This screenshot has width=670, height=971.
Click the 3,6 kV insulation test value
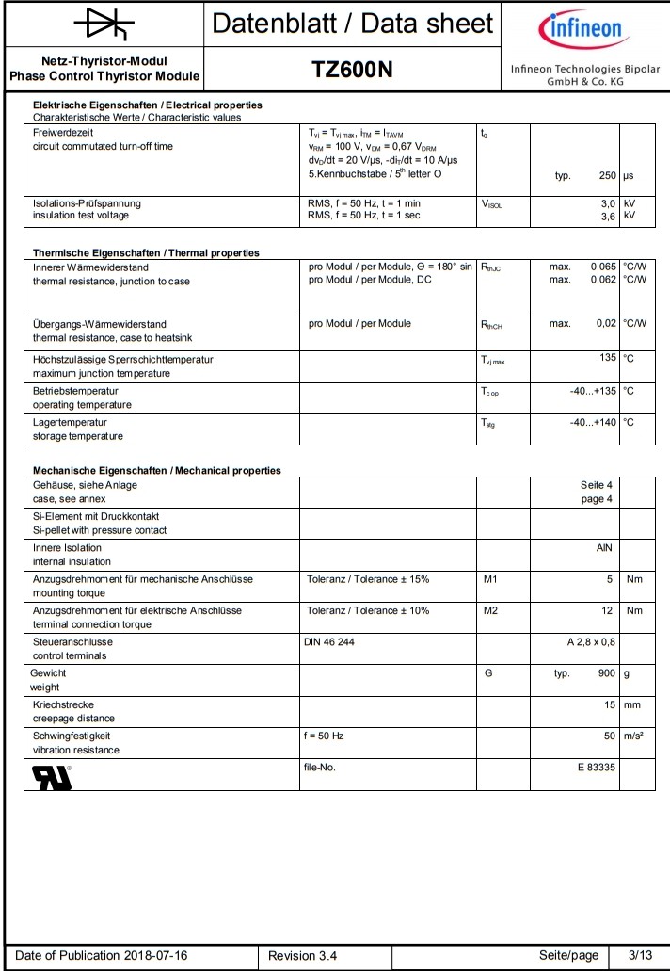608,216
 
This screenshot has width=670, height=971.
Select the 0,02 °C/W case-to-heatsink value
604,324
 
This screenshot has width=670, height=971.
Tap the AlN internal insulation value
606,547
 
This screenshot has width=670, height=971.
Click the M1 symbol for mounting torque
490,578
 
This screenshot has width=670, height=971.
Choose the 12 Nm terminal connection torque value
608,610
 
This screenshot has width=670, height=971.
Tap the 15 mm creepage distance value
609,704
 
